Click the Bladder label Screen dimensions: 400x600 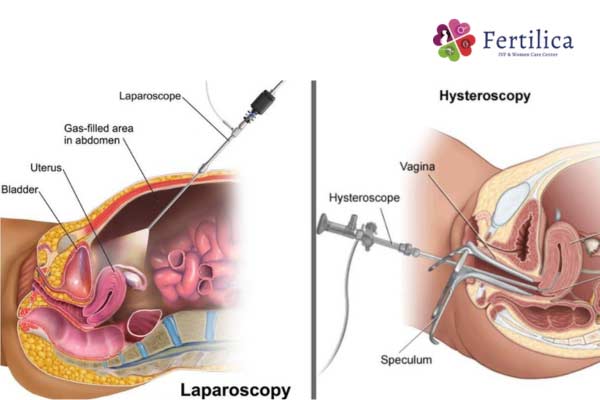click(21, 189)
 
